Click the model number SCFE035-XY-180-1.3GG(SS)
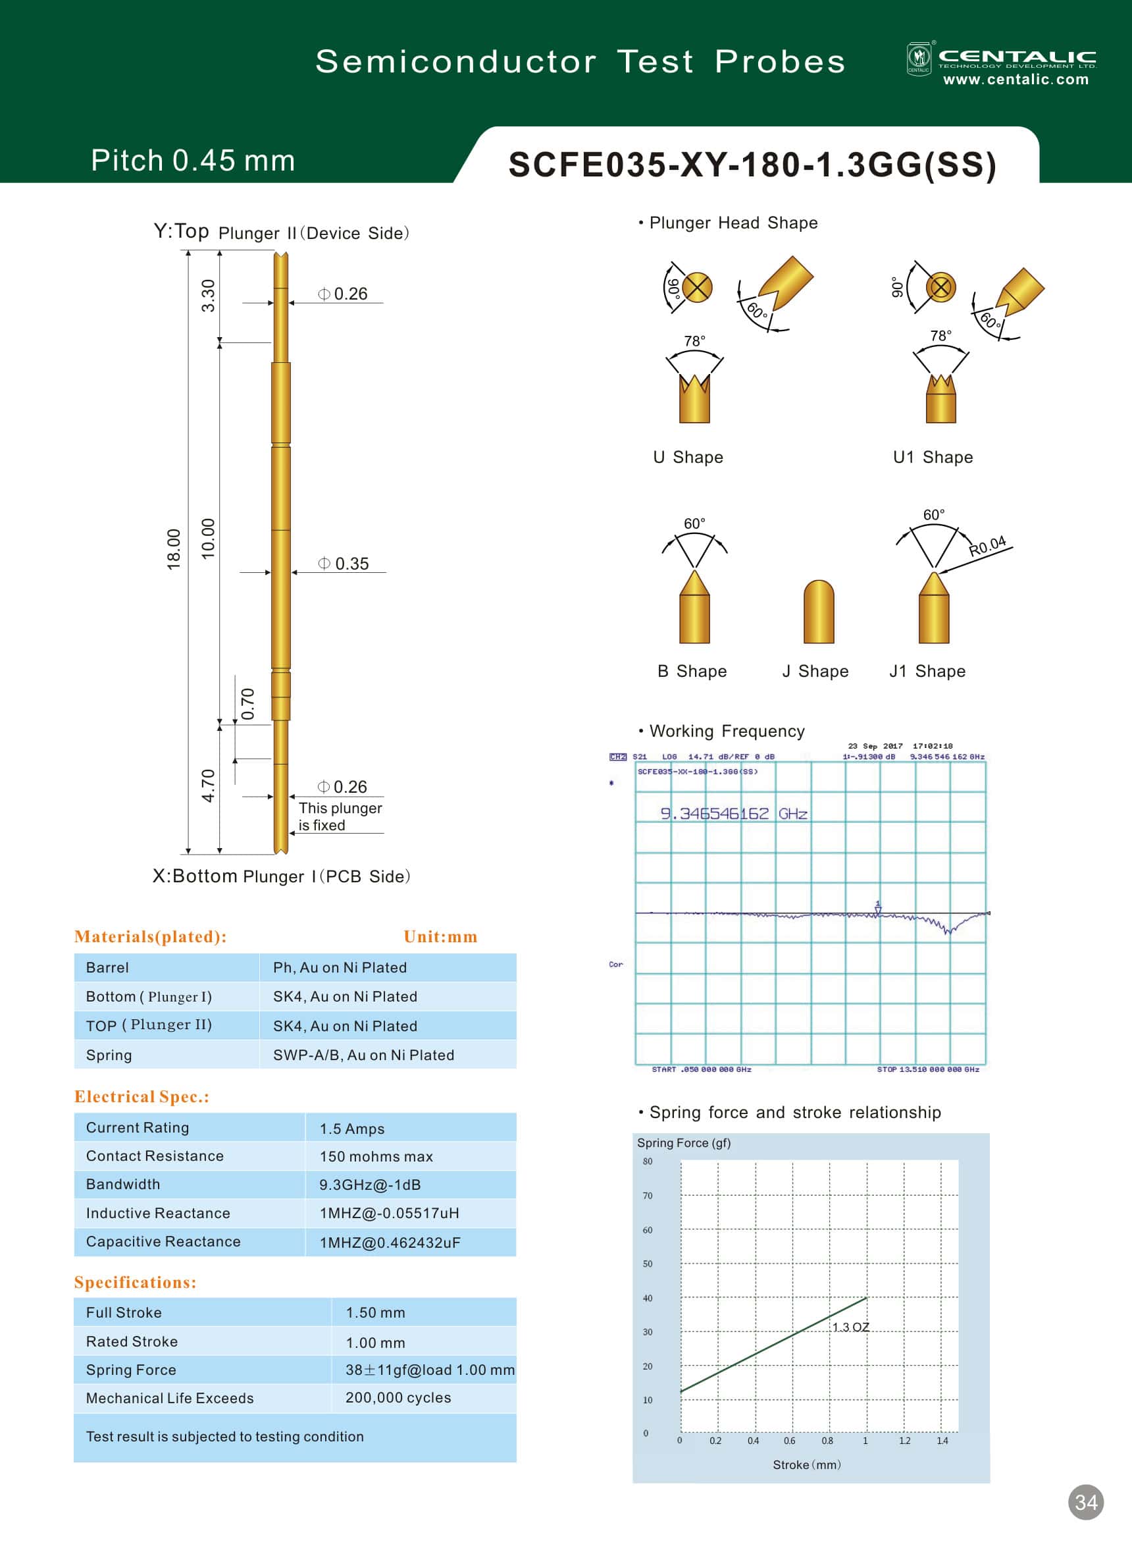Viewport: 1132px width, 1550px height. [752, 165]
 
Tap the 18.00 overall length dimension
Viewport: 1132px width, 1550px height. [174, 548]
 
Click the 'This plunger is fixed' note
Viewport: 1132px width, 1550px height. [340, 816]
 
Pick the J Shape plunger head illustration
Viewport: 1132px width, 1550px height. [818, 612]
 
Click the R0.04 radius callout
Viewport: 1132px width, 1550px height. [987, 546]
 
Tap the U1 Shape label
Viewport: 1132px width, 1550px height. [933, 457]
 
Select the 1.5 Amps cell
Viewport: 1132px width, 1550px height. [351, 1129]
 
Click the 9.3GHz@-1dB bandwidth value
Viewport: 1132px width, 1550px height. [370, 1185]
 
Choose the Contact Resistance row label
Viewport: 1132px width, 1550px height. [155, 1156]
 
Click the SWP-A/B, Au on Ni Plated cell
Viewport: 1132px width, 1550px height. [363, 1055]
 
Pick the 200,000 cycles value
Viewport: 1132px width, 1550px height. [398, 1397]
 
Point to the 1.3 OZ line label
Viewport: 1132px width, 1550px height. [850, 1327]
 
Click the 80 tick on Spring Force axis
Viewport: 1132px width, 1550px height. [648, 1162]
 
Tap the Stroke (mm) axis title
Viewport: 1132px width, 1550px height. [806, 1464]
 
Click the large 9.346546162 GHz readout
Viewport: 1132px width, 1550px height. [733, 814]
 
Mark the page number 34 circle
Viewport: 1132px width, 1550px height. [1085, 1503]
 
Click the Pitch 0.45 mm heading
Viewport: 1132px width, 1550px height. [193, 161]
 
